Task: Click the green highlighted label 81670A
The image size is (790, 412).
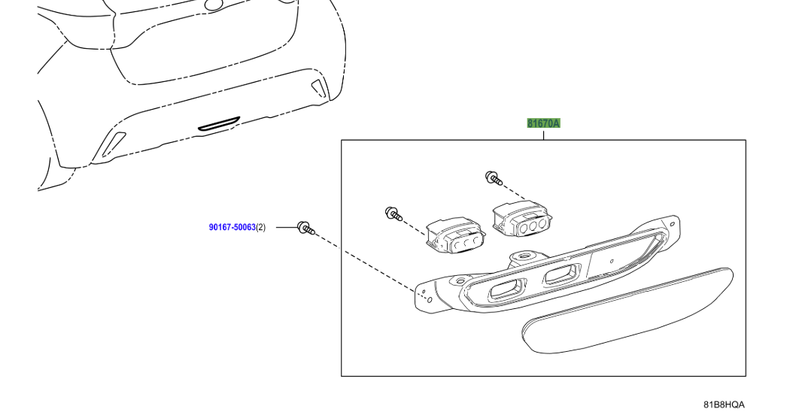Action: [x=543, y=123]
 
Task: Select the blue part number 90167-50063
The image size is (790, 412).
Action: [x=232, y=226]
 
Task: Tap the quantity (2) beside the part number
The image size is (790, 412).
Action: [x=261, y=226]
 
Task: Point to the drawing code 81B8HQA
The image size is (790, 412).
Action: [x=724, y=404]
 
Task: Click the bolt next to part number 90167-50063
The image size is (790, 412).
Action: [x=305, y=227]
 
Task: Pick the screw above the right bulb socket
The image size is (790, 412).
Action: [x=493, y=177]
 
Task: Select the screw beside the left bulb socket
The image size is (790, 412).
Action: [x=392, y=214]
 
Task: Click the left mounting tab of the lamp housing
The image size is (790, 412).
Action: [x=425, y=296]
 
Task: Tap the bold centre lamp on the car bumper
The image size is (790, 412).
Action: [x=218, y=123]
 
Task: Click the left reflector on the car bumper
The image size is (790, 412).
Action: [x=114, y=142]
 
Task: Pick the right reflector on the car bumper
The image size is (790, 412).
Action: [x=321, y=87]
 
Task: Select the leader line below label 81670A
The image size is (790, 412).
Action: [x=543, y=135]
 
